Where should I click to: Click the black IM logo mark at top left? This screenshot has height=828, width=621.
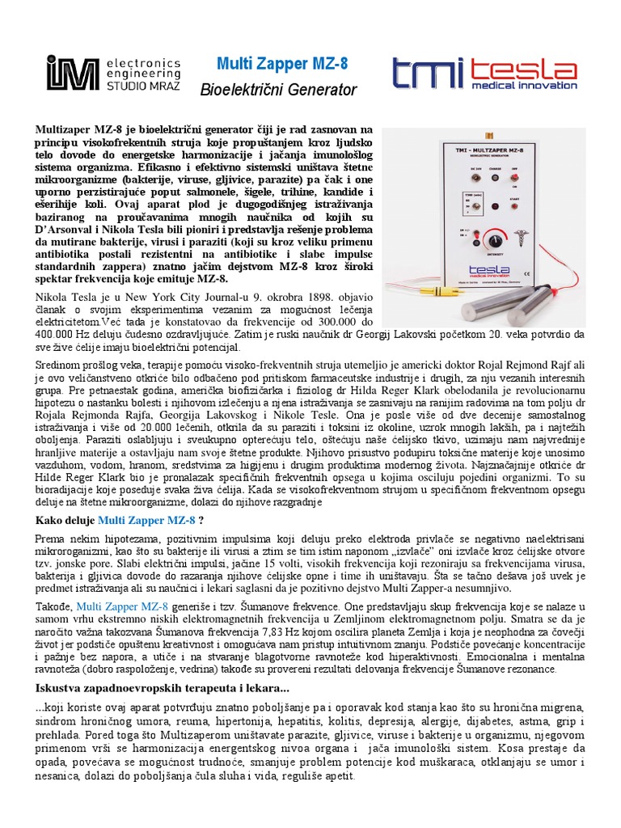coord(64,72)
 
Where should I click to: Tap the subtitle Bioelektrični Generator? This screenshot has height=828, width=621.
coord(278,91)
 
